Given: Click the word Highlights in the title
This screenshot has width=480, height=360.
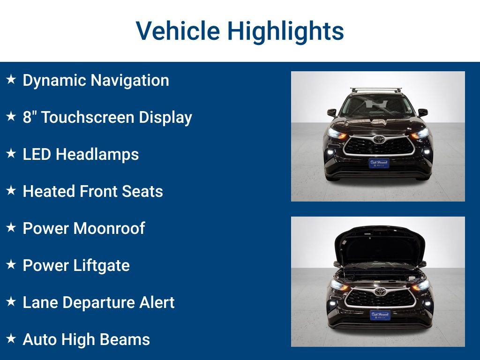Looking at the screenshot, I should tap(285, 31).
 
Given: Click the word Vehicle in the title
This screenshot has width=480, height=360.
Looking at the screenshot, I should tap(178, 31).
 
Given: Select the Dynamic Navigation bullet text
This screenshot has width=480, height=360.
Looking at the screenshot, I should tap(96, 80).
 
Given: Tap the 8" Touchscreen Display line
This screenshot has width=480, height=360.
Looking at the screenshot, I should tap(107, 117).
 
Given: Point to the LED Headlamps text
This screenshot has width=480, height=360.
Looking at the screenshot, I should tap(81, 154).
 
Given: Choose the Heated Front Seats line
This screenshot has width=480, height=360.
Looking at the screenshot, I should tap(93, 191).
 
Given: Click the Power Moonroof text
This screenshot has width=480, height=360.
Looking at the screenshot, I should tap(84, 228).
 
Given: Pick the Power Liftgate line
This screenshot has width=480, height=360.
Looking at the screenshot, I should tap(76, 265).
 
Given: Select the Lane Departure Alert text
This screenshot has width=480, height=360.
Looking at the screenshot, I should tap(98, 302).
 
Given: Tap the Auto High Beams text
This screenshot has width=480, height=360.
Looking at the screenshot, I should tap(86, 339).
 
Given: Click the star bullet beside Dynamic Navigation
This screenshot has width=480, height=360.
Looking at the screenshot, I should tap(11, 79).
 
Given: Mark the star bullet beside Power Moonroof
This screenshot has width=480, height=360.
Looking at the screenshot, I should tap(11, 227).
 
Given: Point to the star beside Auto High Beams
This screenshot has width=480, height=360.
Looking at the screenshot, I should tap(11, 338).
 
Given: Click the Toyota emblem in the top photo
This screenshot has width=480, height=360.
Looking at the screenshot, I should tap(379, 139).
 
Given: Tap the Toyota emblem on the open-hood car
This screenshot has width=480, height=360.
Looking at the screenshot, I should tap(380, 292).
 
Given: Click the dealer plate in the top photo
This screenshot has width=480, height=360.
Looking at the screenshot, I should tap(379, 163).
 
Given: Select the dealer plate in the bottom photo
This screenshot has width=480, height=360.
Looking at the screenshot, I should tap(380, 315).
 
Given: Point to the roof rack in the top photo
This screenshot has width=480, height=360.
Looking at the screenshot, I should tap(376, 89).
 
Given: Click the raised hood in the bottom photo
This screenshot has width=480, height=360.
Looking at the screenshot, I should tap(380, 244).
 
